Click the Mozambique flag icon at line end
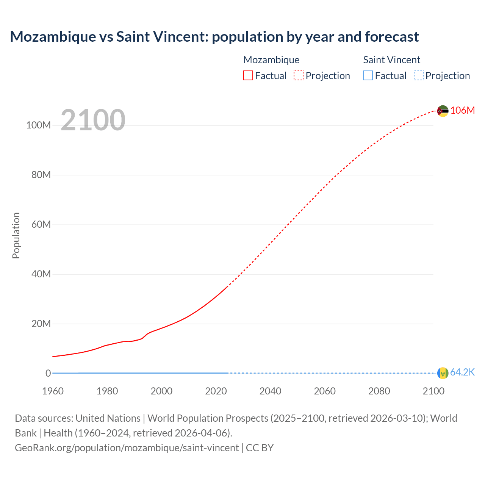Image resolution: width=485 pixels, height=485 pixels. pyautogui.click(x=443, y=111)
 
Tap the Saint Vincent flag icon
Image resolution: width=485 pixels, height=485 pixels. pyautogui.click(x=443, y=373)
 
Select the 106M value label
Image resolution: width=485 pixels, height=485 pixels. pyautogui.click(x=463, y=110)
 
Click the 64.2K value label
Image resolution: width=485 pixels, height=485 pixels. pyautogui.click(x=462, y=372)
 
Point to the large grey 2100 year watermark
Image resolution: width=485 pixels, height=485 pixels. pyautogui.click(x=93, y=120)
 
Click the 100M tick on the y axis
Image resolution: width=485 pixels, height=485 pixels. pyautogui.click(x=38, y=125)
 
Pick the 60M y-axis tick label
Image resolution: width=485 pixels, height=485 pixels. pyautogui.click(x=41, y=224)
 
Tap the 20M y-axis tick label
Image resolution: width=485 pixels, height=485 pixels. pyautogui.click(x=41, y=324)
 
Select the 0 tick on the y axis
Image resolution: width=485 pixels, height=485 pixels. pyautogui.click(x=48, y=373)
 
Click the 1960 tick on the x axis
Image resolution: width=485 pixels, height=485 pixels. pyautogui.click(x=53, y=391)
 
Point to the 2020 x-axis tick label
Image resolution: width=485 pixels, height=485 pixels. pyautogui.click(x=216, y=391)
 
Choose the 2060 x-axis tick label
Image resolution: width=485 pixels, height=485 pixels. pyautogui.click(x=325, y=391)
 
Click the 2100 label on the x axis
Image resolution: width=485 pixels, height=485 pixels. pyautogui.click(x=433, y=391)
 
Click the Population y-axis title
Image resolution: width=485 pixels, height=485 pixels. pyautogui.click(x=16, y=235)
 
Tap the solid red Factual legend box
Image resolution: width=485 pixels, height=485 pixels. pyautogui.click(x=248, y=76)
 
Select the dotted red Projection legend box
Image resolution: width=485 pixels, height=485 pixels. pyautogui.click(x=299, y=76)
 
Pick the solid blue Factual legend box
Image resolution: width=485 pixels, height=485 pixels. pyautogui.click(x=368, y=76)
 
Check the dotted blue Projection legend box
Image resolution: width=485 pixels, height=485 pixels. pyautogui.click(x=418, y=76)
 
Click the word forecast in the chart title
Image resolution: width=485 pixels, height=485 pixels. pyautogui.click(x=392, y=37)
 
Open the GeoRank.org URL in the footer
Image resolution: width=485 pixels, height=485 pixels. pyautogui.click(x=127, y=448)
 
